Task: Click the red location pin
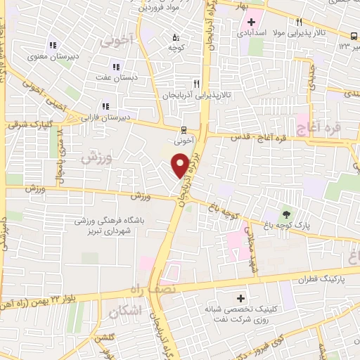coord(181,165)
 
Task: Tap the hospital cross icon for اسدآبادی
coord(251,22)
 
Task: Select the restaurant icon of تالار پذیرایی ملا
coord(300,22)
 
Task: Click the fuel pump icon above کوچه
coord(175,37)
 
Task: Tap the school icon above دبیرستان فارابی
coord(105,106)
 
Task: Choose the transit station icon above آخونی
coord(184,129)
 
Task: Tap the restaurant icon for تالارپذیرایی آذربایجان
coord(205,82)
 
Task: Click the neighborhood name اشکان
coord(127,309)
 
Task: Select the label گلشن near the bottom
coord(106,337)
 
